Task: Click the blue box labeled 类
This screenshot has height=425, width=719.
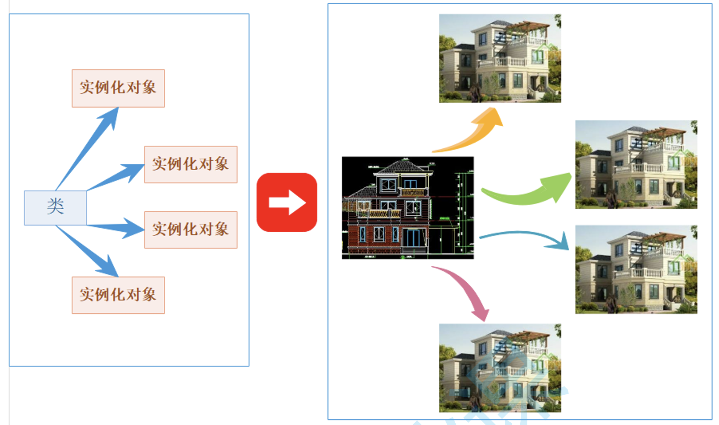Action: click(x=55, y=208)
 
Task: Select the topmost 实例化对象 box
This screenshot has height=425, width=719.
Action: click(x=118, y=88)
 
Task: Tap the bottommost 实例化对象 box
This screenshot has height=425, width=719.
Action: click(x=118, y=295)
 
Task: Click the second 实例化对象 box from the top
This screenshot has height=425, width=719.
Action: click(x=191, y=164)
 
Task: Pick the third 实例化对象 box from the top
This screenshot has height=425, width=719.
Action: click(x=191, y=229)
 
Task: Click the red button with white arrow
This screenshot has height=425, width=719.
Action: click(x=287, y=202)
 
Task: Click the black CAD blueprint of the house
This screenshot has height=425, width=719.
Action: click(x=407, y=208)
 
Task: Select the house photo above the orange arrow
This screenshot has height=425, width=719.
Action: click(x=500, y=59)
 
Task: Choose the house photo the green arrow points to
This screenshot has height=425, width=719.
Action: click(x=636, y=164)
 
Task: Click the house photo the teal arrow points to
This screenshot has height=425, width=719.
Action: click(x=636, y=269)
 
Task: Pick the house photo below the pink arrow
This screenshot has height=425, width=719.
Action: click(x=500, y=368)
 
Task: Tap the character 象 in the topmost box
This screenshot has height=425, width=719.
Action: click(x=149, y=88)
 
